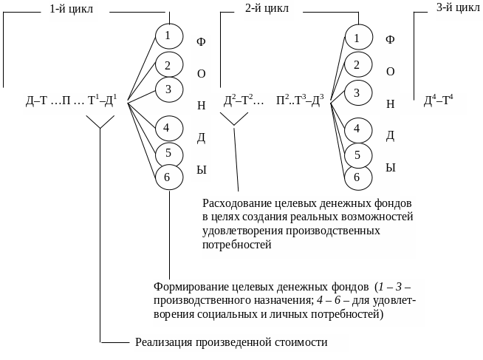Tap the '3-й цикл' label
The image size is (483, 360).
click(x=458, y=8)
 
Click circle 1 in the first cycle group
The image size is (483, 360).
click(x=168, y=35)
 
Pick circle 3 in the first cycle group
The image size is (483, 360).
click(x=168, y=90)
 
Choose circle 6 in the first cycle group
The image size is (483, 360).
click(x=168, y=177)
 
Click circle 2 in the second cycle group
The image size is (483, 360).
click(x=357, y=65)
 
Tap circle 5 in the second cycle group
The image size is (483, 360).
click(x=357, y=154)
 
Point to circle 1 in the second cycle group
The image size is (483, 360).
click(x=357, y=38)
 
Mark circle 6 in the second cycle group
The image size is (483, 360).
click(x=357, y=177)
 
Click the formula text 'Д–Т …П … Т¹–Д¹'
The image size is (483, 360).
click(x=72, y=102)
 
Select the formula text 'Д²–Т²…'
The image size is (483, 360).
click(x=243, y=102)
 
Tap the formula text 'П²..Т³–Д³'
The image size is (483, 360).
click(x=300, y=102)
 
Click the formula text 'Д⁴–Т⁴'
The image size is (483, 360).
click(x=439, y=102)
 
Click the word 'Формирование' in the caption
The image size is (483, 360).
click(x=188, y=286)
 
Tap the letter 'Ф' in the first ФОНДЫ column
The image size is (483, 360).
click(x=200, y=41)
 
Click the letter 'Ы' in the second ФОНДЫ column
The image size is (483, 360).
click(x=391, y=169)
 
